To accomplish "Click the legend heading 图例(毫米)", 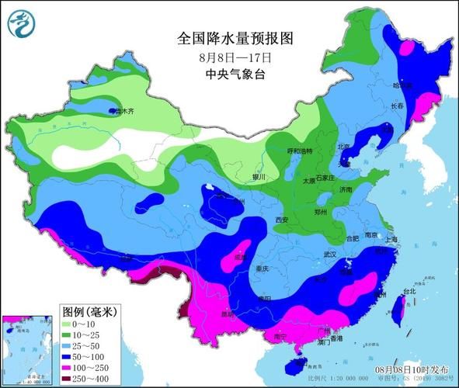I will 88,311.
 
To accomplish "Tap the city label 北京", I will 344,147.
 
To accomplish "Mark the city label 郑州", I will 321,211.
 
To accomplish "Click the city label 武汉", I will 329,255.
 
